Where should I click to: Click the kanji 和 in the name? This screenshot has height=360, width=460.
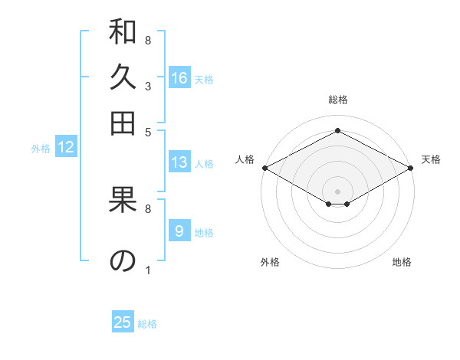pyautogui.click(x=123, y=34)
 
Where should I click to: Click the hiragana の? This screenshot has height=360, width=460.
pyautogui.click(x=123, y=261)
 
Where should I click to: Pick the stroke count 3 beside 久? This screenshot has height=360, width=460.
pyautogui.click(x=147, y=87)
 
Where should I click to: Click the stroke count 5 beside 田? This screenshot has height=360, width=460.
pyautogui.click(x=147, y=131)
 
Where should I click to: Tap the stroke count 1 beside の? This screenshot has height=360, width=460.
pyautogui.click(x=147, y=270)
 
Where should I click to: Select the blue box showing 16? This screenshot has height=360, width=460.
pyautogui.click(x=179, y=78)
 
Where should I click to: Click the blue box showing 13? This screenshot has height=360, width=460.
pyautogui.click(x=179, y=162)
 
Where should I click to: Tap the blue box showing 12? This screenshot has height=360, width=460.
pyautogui.click(x=66, y=148)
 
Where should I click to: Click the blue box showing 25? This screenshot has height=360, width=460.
pyautogui.click(x=123, y=322)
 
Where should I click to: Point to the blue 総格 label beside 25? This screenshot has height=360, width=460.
pyautogui.click(x=147, y=324)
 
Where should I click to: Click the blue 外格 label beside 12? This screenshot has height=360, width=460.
pyautogui.click(x=41, y=149)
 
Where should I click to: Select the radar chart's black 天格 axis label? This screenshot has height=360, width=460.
pyautogui.click(x=431, y=159)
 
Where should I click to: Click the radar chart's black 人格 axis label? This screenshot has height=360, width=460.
pyautogui.click(x=245, y=159)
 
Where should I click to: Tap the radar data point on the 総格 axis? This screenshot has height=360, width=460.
pyautogui.click(x=337, y=131)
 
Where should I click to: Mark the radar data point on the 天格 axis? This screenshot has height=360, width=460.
pyautogui.click(x=412, y=168)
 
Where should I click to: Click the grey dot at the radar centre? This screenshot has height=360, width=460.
pyautogui.click(x=337, y=190)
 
